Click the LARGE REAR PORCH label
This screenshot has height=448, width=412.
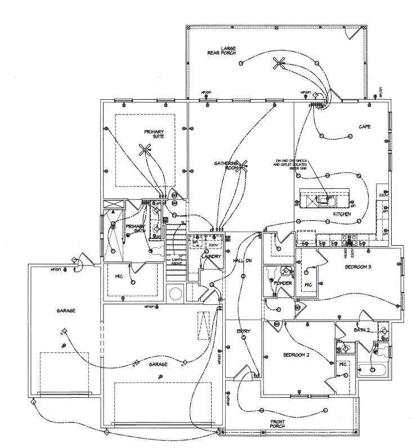[x=229, y=50]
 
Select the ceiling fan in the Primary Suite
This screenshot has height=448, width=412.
[x=146, y=149]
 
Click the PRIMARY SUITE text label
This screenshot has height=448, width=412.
[x=154, y=134]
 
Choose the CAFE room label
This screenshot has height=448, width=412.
[x=364, y=127]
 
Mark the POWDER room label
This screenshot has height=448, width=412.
[x=283, y=283]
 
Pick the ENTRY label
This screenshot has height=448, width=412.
[x=243, y=331]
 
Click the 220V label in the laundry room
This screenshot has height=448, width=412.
[x=213, y=246]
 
